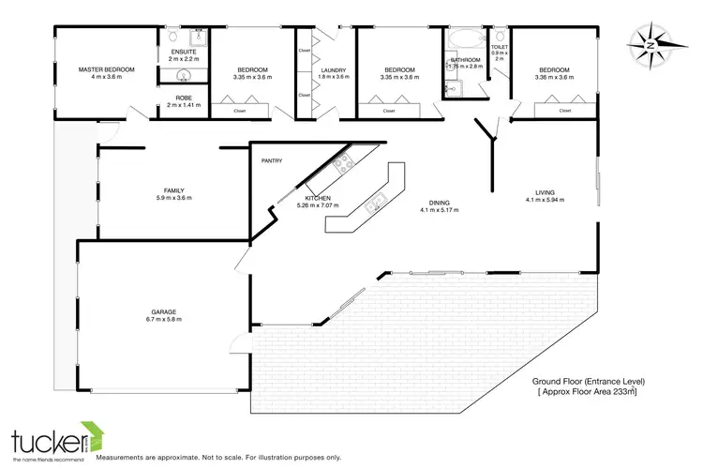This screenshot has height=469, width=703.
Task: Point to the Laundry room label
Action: (334, 69)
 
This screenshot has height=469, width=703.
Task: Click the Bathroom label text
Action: (465, 59)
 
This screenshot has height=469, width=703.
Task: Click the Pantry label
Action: (271, 160)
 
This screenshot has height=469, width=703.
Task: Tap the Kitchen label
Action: (318, 198)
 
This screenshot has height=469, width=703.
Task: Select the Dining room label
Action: (438, 203)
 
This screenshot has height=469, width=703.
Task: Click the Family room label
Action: (173, 190)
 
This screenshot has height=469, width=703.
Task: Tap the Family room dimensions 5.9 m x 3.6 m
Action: (173, 198)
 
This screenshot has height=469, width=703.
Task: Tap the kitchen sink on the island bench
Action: (377, 200)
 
